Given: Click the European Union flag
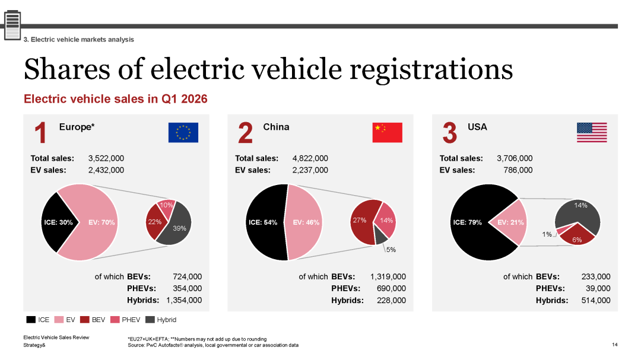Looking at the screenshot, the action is pos(183,132).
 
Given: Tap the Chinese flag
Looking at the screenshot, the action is pos(387,132).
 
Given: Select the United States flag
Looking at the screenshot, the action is pos(592,132).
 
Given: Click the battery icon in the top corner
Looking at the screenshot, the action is pos(12,26).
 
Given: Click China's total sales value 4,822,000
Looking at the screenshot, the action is pos(310,158).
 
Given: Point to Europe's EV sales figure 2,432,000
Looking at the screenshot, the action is pos(106,170).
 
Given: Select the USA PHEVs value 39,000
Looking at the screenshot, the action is pos(598,288).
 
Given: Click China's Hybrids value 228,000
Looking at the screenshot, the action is pos(391,300).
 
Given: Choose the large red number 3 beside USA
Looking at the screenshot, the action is pos(449,133).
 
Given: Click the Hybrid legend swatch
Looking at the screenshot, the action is pos(150,320).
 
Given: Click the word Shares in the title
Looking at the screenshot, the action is pos(67,69).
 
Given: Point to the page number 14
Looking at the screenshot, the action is pos(615,345).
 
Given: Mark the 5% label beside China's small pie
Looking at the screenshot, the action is pos(391,250).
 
